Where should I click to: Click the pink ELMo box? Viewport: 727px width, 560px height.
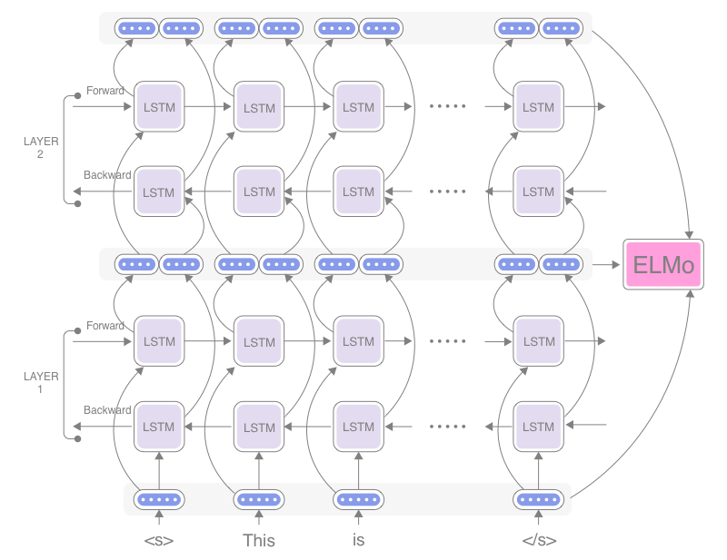pyautogui.click(x=663, y=265)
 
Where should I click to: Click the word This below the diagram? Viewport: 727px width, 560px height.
pyautogui.click(x=259, y=541)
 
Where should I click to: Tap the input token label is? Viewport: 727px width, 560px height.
pyautogui.click(x=358, y=541)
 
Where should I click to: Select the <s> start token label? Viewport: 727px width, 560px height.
pyautogui.click(x=158, y=541)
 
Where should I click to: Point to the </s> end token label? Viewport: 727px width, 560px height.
pyautogui.click(x=539, y=541)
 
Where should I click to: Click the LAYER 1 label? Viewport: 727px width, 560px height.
pyautogui.click(x=41, y=382)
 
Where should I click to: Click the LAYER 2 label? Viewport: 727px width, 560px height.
pyautogui.click(x=41, y=148)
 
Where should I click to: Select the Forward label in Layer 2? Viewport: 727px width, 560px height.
pyautogui.click(x=105, y=91)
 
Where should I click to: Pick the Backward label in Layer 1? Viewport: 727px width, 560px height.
pyautogui.click(x=107, y=410)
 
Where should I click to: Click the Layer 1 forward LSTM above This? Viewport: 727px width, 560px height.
pyautogui.click(x=259, y=342)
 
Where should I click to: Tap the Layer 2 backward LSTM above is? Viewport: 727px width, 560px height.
pyautogui.click(x=359, y=192)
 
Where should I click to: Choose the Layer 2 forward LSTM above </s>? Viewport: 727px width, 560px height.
pyautogui.click(x=539, y=107)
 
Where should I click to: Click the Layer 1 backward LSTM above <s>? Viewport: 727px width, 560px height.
pyautogui.click(x=159, y=427)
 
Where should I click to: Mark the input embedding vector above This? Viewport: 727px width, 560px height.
pyautogui.click(x=259, y=499)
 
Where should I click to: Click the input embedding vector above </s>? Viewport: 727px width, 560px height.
pyautogui.click(x=539, y=499)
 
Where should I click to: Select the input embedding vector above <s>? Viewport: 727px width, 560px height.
pyautogui.click(x=159, y=499)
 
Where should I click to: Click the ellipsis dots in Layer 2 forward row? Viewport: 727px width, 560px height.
pyautogui.click(x=447, y=107)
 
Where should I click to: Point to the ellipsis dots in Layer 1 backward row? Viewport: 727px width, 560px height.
pyautogui.click(x=447, y=427)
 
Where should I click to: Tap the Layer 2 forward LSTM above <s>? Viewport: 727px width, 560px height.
pyautogui.click(x=159, y=107)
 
